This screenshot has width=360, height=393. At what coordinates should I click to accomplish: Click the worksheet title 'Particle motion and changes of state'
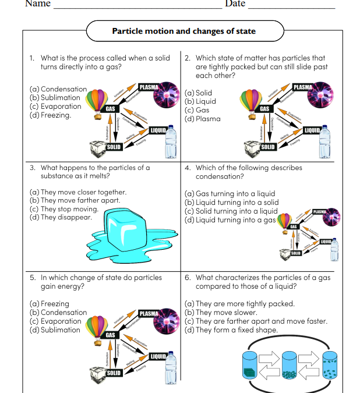tap(183, 31)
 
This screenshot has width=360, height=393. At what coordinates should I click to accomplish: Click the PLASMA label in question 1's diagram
tap(149, 87)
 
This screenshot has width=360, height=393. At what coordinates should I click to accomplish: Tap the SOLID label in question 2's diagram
tap(268, 147)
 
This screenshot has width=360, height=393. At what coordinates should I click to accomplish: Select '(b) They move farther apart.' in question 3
tap(75, 200)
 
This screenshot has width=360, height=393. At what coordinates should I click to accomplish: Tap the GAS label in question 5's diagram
tap(110, 335)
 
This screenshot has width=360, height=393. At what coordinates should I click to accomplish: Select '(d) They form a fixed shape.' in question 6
tap(231, 330)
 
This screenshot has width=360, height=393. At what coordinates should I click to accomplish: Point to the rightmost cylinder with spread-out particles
tap(330, 364)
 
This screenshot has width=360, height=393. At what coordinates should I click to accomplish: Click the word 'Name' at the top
tap(37, 4)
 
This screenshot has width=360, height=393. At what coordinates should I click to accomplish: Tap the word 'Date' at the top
tap(235, 4)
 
